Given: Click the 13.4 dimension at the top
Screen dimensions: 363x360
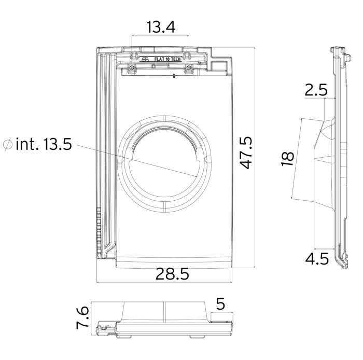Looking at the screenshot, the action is (161, 27).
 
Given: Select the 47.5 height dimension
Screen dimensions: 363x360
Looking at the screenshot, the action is (246, 153).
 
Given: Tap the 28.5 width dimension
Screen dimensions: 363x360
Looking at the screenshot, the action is (172, 274).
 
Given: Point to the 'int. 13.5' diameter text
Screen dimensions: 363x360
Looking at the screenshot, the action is (44, 144).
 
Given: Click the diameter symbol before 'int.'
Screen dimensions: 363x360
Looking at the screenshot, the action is (8, 144).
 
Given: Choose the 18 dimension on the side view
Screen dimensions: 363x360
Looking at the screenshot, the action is (287, 159).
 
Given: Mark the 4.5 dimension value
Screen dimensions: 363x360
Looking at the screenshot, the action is (317, 259).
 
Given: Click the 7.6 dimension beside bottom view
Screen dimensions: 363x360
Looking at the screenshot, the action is (82, 317).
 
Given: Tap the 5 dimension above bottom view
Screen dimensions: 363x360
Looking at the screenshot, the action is (220, 303).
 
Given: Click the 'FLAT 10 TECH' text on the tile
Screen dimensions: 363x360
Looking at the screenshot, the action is (167, 59).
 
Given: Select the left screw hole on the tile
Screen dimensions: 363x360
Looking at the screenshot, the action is (132, 68).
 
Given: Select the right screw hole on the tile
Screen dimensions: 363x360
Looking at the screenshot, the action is (189, 67).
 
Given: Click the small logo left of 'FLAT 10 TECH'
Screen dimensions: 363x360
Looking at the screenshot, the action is (145, 59).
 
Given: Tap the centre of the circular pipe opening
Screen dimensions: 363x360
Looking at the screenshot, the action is (164, 164).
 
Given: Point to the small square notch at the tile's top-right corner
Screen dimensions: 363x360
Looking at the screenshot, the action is (219, 65).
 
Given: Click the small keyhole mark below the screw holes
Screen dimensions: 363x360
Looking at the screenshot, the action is (174, 76).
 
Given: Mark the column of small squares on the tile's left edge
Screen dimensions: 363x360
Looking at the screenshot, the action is (99, 231).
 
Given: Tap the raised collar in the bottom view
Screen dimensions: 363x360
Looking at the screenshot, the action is (164, 311).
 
